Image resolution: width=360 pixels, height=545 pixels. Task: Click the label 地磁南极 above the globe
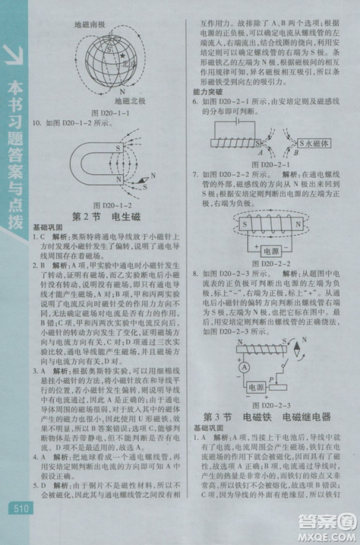[90, 24]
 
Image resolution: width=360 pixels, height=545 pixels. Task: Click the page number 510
[19, 508]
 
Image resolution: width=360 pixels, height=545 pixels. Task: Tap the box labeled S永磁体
[314, 143]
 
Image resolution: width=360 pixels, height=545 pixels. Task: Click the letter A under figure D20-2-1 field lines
[261, 153]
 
